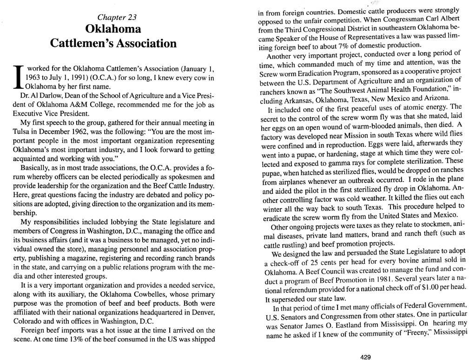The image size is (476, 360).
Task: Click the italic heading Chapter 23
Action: [x=113, y=17]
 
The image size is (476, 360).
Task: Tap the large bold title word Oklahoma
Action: [x=113, y=30]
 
